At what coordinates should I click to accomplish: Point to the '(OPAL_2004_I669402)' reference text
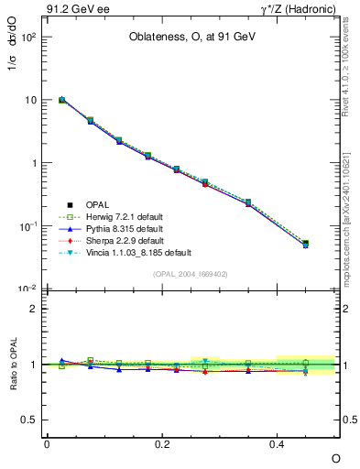tap(191, 274)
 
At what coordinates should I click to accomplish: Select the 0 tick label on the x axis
tap(47, 442)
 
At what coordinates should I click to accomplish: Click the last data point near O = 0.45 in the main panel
tap(305, 244)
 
